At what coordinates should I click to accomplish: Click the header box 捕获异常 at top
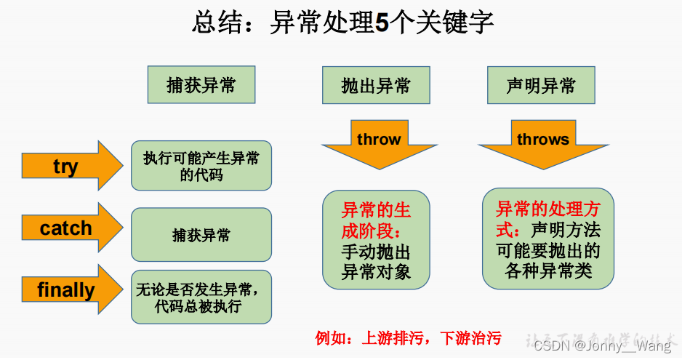(x=201, y=85)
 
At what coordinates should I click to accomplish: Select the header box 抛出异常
(x=376, y=86)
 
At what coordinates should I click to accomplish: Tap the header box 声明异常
(x=541, y=86)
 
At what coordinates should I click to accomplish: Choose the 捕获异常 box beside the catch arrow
(x=201, y=235)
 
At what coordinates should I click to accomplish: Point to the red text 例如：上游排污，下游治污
(x=408, y=338)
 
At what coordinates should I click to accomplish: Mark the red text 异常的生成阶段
(x=376, y=220)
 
